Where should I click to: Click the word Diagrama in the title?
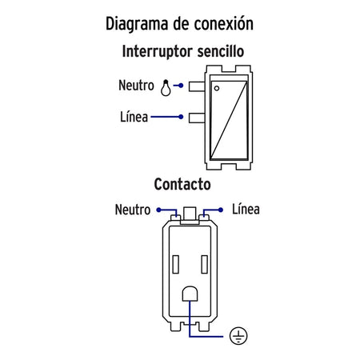pyautogui.click(x=137, y=24)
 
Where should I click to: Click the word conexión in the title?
pyautogui.click(x=223, y=23)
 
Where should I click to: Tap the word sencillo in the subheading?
pyautogui.click(x=221, y=51)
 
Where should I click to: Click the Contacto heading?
pyautogui.click(x=182, y=184)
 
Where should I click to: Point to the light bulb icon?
pyautogui.click(x=166, y=88)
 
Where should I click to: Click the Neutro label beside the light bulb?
pyautogui.click(x=136, y=86)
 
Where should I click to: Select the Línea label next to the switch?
pyautogui.click(x=134, y=117)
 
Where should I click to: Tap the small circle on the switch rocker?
pyautogui.click(x=217, y=88)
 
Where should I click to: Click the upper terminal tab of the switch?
pyautogui.click(x=197, y=86)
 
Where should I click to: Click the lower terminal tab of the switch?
pyautogui.click(x=197, y=118)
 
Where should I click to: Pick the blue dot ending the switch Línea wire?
pyautogui.click(x=181, y=117)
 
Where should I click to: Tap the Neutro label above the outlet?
pyautogui.click(x=133, y=210)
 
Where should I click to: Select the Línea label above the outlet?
pyautogui.click(x=246, y=209)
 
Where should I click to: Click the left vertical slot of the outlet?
pyautogui.click(x=176, y=264)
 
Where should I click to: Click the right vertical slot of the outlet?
pyautogui.click(x=205, y=264)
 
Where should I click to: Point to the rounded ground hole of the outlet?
pyautogui.click(x=190, y=294)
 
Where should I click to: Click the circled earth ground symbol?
pyautogui.click(x=238, y=336)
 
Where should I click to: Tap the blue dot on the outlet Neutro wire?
pyautogui.click(x=158, y=210)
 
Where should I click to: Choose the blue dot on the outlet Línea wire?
pyautogui.click(x=221, y=210)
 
